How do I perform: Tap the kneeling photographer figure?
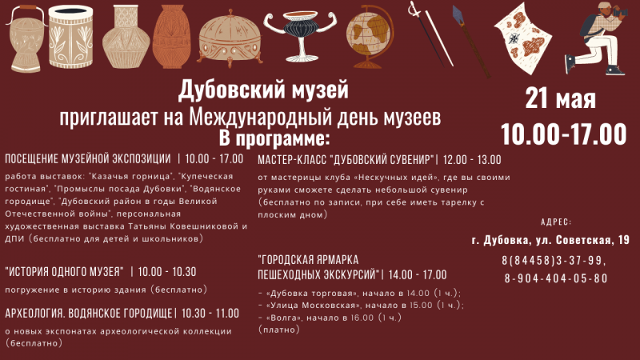click(596, 38)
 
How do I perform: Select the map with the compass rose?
click(523, 38)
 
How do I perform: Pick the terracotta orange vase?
click(171, 36)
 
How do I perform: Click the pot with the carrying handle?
click(26, 38)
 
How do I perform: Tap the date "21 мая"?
click(561, 98)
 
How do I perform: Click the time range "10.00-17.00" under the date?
click(564, 134)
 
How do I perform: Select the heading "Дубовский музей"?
click(263, 90)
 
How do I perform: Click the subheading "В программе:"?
click(274, 138)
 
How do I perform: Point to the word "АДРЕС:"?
click(556, 222)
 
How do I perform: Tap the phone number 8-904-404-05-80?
click(556, 278)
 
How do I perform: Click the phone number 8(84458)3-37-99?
click(554, 261)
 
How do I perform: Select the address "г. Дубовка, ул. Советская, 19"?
click(550, 241)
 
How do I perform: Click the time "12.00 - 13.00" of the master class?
click(472, 159)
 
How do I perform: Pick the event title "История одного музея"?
click(65, 271)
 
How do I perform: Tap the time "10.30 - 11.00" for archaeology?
click(210, 314)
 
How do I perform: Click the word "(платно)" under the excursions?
click(279, 330)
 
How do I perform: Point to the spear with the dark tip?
click(471, 41)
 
